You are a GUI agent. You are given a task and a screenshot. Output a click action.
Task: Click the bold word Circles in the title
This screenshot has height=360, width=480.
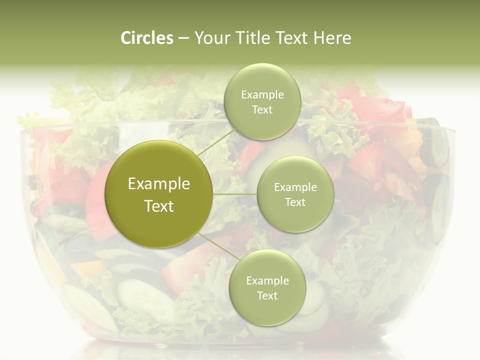pos(147,38)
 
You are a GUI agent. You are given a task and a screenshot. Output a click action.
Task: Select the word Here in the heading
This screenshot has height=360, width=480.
pos(332,38)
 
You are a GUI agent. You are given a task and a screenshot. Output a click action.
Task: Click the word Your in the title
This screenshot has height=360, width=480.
pos(212,38)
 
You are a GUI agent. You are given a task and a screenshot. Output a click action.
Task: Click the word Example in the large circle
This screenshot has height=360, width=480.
pos(159,184)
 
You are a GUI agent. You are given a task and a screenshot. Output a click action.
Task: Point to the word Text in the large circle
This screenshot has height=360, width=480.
pos(159,206)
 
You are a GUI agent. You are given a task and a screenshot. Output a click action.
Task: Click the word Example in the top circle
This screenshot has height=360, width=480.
pos(262,95)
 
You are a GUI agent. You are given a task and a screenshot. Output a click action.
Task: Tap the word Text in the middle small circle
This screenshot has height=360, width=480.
pos(295,202)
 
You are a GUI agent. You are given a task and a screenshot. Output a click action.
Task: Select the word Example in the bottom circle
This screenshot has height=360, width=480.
pos(267,281)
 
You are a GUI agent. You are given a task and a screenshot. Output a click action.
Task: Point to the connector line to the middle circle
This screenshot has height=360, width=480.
pos(235,194)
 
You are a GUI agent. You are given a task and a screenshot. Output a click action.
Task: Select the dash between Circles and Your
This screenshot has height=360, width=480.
pos(183,38)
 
